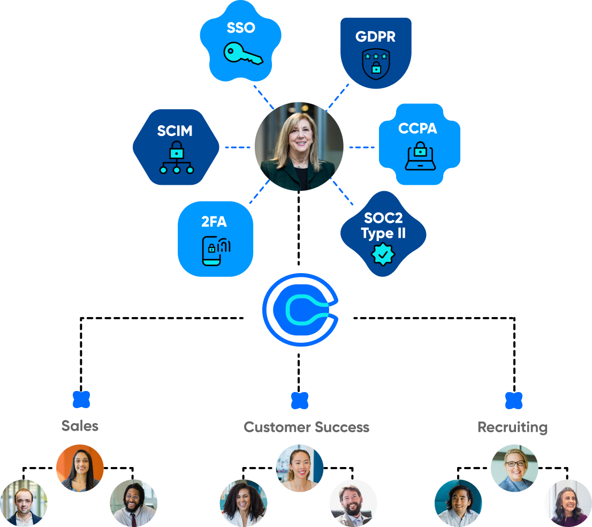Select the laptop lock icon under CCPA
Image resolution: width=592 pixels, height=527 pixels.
(x=420, y=156)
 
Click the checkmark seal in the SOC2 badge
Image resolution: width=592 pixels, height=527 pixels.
(x=383, y=254)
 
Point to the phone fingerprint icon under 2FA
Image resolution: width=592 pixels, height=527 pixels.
(x=215, y=249)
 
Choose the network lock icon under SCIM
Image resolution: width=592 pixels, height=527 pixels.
(x=176, y=158)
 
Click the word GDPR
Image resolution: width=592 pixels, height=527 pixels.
(x=376, y=36)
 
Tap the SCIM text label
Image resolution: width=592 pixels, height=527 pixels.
(x=174, y=131)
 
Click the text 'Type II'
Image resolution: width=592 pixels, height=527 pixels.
(x=383, y=233)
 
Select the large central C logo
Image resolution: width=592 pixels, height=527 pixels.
(x=300, y=309)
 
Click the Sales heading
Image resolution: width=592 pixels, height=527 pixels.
(x=80, y=426)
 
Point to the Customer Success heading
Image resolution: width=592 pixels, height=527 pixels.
(x=306, y=427)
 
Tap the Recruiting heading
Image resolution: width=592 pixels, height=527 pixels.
(x=512, y=427)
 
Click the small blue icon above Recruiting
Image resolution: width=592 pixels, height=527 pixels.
(x=513, y=400)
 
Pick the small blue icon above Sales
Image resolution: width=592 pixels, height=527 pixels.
(x=81, y=399)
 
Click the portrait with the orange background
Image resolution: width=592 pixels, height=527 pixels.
(x=80, y=468)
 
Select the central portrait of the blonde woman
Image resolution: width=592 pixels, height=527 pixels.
(x=299, y=146)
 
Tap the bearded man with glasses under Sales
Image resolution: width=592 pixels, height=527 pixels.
(x=133, y=502)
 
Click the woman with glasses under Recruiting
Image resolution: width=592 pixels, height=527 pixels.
(x=514, y=468)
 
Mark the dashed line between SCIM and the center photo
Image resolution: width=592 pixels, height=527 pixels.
(x=237, y=147)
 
